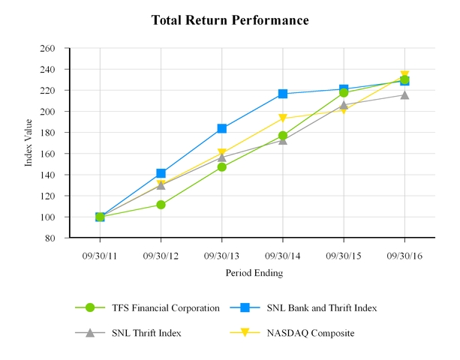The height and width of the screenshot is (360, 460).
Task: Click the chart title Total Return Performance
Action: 230,19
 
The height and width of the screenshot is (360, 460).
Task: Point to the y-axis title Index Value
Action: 29,142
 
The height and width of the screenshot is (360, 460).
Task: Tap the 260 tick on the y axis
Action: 48,48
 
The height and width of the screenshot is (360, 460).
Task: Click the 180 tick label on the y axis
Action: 48,133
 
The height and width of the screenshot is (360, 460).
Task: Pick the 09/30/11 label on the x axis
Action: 100,255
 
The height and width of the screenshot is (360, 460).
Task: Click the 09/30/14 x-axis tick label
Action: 282,255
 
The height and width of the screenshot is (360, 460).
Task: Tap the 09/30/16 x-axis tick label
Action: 404,255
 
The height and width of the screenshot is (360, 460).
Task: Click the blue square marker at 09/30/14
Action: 283,94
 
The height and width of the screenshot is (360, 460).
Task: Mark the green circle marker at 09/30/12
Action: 161,205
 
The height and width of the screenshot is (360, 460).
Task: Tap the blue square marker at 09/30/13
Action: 221,128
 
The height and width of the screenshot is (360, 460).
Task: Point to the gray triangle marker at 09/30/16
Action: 404,94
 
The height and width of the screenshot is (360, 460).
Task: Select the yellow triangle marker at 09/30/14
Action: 283,118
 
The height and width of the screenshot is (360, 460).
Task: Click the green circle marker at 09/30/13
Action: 221,166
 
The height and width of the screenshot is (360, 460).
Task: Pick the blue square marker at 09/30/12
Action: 161,173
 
